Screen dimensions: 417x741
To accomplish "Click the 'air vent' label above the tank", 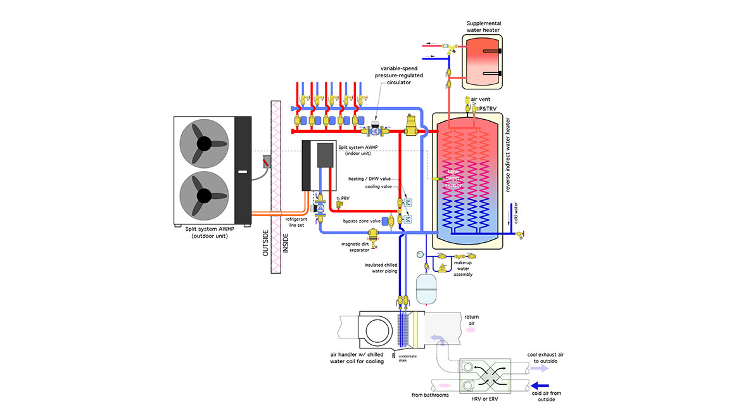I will tap(480, 99).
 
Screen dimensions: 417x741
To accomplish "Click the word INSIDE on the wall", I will tap(285, 241).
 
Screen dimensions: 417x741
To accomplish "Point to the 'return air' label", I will tap(472, 321).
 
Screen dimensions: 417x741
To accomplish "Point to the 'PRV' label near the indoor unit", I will tap(345, 199).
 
